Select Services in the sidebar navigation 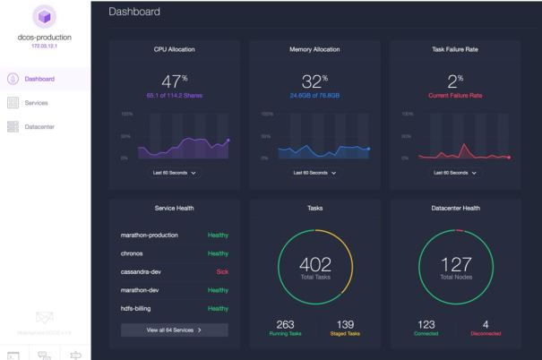click(37, 103)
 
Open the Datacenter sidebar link click(40, 126)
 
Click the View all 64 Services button click(174, 330)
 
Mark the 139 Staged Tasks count click(345, 325)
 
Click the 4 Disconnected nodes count click(486, 325)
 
